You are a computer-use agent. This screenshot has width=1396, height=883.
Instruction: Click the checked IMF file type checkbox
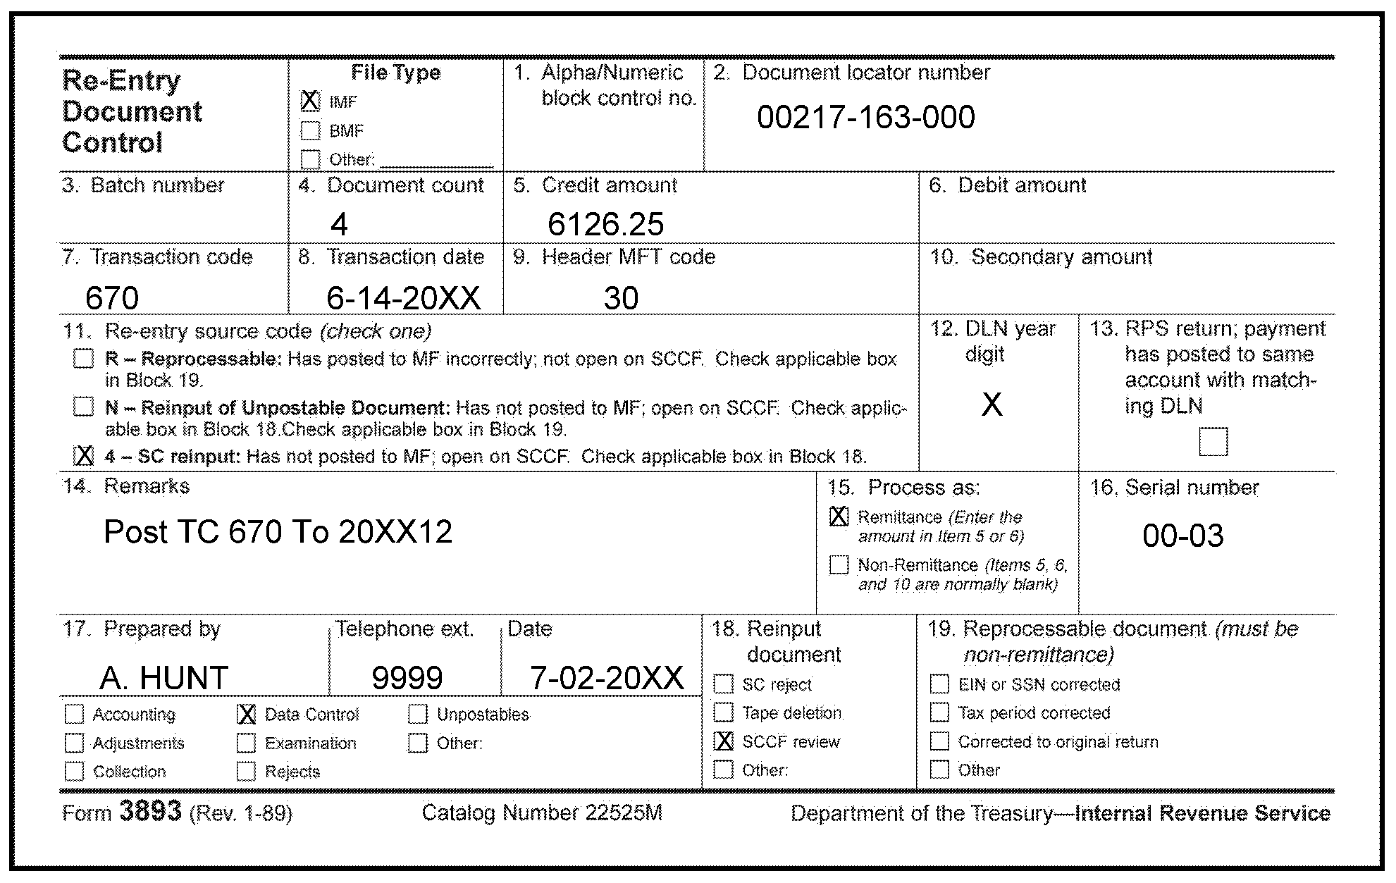point(310,101)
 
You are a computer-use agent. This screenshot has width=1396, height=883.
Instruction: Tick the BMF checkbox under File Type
point(310,131)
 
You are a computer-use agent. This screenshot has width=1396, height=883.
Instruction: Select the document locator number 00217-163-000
point(865,118)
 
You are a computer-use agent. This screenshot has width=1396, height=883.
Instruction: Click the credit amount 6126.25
point(605,225)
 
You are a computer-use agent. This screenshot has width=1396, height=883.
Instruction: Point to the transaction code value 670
point(112,298)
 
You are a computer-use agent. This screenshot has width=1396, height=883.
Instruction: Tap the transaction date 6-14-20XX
point(403,298)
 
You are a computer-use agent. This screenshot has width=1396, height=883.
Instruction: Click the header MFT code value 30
point(621,298)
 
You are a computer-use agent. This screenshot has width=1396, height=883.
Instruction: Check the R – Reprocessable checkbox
point(83,359)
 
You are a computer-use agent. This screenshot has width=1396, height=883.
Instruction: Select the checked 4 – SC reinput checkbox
point(83,456)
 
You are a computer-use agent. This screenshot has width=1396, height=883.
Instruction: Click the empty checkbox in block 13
point(1213,442)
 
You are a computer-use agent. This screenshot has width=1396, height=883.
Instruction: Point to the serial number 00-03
point(1182,536)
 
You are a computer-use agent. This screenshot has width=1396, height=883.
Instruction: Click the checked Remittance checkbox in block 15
point(839,517)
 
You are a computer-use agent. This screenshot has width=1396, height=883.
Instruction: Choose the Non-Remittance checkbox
point(839,565)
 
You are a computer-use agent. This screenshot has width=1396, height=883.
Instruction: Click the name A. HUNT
point(164,678)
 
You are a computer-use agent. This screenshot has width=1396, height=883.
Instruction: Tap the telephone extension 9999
point(407,678)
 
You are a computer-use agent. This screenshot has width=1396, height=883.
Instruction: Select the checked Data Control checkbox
point(246,715)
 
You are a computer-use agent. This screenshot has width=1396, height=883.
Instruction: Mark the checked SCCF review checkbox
point(724,741)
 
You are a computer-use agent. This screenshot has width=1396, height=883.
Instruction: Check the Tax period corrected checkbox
point(939,712)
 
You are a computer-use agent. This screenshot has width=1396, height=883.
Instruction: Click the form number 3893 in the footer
point(151,812)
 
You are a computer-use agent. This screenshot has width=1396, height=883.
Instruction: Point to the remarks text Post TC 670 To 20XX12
point(278,532)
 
